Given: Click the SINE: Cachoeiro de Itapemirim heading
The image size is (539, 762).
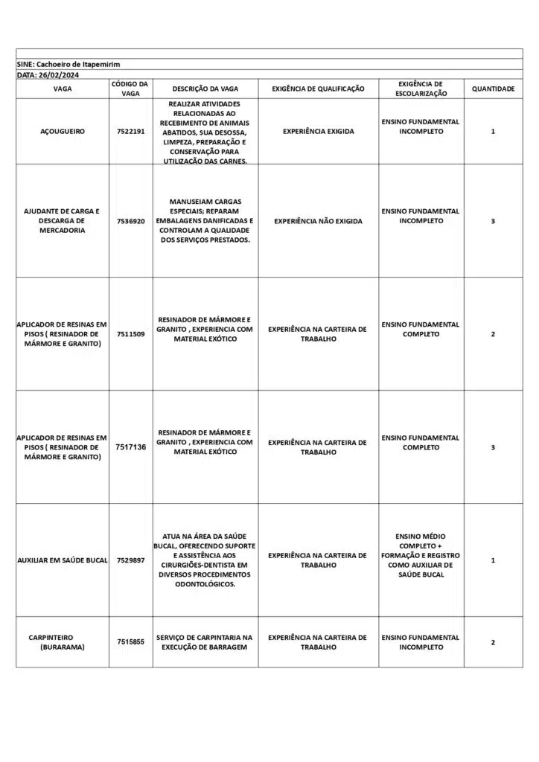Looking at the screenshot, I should point(68,64).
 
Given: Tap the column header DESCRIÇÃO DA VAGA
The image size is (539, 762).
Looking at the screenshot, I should point(205,89).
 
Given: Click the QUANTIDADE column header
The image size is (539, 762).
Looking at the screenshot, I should point(493,89).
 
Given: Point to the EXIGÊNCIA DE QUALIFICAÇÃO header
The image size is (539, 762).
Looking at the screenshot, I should point(318,89).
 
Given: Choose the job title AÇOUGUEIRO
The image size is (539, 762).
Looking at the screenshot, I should point(63,131).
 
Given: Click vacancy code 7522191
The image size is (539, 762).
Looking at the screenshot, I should point(130,131).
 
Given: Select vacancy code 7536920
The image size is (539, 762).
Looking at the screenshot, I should point(130,221).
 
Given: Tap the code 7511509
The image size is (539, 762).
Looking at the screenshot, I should point(130,334).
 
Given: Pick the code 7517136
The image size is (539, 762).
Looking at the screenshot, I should point(130,447).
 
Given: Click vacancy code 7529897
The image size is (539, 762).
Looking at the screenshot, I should point(130,560).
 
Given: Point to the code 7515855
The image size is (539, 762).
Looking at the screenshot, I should point(130,642).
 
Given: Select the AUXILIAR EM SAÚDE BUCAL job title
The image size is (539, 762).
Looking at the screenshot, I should point(63,560).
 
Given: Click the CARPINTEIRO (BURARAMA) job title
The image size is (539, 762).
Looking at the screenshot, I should point(63,642).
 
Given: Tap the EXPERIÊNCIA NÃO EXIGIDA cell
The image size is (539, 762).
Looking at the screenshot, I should point(318,221).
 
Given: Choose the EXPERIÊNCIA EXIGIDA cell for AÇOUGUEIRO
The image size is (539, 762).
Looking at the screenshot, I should point(318,131).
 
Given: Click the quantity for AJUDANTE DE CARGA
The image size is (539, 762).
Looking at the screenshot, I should point(493,221).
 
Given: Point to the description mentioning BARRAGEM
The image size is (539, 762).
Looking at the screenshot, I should point(205,642).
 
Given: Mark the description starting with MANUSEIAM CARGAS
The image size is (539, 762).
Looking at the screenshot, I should point(205,221).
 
